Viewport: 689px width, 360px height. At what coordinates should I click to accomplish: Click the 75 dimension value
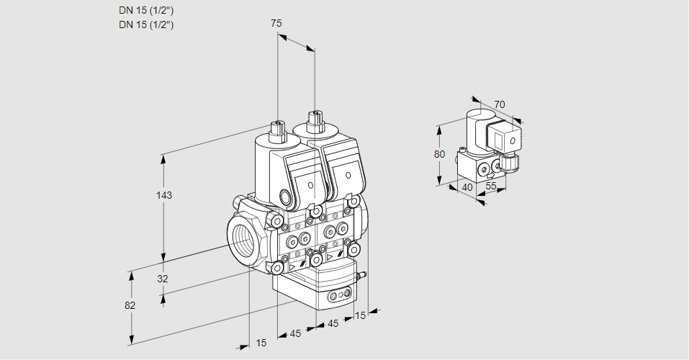click(276, 24)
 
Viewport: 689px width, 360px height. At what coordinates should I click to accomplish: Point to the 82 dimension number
click(130, 305)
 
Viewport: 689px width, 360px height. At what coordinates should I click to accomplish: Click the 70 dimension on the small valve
click(500, 104)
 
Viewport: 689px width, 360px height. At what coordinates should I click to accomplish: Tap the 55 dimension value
click(491, 186)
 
